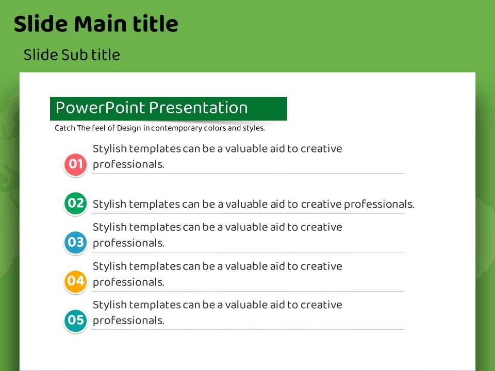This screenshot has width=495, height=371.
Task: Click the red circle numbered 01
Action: click(75, 164)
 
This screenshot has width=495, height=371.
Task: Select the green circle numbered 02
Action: click(75, 204)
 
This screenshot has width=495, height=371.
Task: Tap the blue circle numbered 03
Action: click(75, 242)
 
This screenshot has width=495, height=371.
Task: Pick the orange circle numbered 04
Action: click(75, 281)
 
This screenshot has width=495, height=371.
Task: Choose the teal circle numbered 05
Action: click(75, 320)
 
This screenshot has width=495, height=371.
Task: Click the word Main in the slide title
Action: click(100, 24)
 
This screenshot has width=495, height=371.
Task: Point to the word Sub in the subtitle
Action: click(74, 55)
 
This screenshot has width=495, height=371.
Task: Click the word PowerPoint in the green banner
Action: click(100, 108)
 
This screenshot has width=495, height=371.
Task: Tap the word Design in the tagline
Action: click(129, 128)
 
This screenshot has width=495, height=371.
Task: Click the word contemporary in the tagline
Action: click(176, 128)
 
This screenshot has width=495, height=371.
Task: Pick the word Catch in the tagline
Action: click(65, 128)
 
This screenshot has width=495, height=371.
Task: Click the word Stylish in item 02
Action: click(109, 205)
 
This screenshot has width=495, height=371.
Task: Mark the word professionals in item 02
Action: click(379, 205)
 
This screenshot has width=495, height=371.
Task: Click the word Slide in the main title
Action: click(41, 24)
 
